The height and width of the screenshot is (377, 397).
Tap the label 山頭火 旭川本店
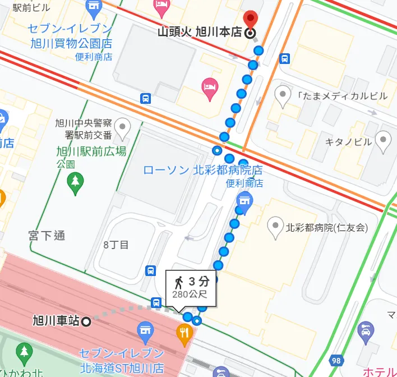[x=200, y=33]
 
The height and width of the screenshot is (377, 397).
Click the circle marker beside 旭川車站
[x=86, y=321]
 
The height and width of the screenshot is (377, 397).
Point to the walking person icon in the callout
[x=179, y=282]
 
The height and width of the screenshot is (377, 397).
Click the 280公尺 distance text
[x=191, y=293]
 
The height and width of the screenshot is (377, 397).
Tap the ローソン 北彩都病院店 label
[x=202, y=169]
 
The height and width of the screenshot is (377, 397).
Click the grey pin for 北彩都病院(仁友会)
[x=275, y=227]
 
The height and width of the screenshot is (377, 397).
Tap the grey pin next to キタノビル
[x=384, y=141]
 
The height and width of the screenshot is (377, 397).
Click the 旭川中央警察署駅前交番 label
[x=84, y=128]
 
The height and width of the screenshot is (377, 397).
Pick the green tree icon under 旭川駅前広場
[x=75, y=181]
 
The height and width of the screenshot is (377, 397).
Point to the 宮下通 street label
[x=47, y=235]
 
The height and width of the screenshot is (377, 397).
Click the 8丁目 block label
[x=116, y=245]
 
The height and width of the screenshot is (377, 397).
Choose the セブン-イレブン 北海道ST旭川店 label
[x=121, y=361]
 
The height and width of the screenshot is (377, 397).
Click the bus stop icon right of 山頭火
[x=285, y=58]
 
